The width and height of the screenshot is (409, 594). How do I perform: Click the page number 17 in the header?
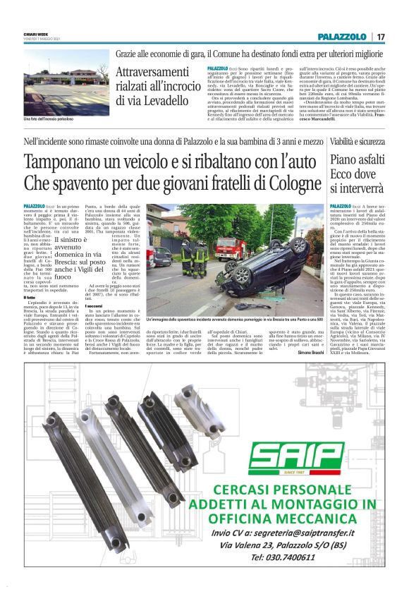click(381, 37)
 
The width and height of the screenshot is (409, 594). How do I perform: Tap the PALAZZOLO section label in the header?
click(342, 37)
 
